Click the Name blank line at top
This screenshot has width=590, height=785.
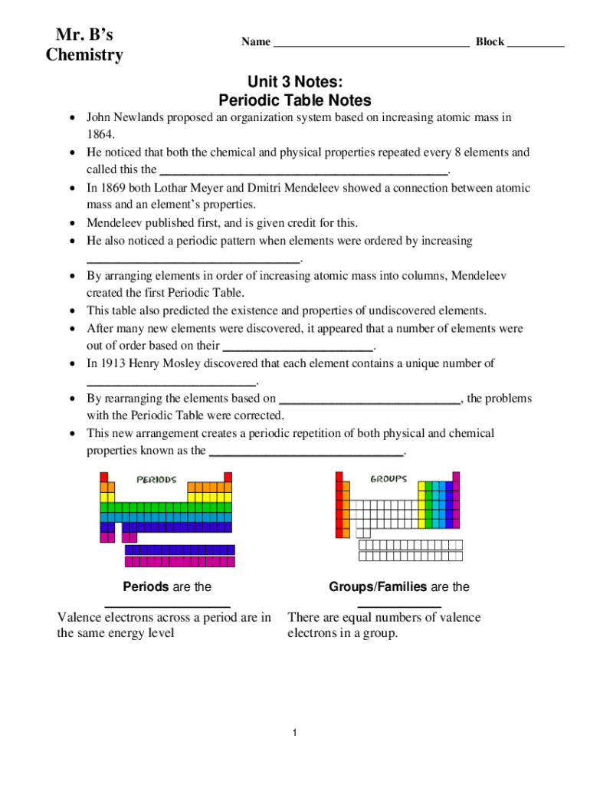coord(371,44)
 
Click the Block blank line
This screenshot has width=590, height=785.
coord(536,44)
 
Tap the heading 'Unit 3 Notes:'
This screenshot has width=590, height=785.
coord(294,82)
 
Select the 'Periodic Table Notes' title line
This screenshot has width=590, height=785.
coord(294,100)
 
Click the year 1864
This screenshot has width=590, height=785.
coord(100,135)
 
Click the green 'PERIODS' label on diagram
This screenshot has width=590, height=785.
coord(156,480)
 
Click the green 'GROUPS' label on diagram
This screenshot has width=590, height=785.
coord(388,479)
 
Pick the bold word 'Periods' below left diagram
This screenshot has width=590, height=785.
coord(146,586)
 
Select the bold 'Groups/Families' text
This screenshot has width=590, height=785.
coord(378,586)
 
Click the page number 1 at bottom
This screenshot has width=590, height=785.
coord(294,734)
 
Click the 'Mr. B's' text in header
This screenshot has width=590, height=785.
coord(84,34)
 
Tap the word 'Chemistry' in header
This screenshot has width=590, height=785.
coord(84,55)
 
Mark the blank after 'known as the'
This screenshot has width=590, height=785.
coord(306,452)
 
